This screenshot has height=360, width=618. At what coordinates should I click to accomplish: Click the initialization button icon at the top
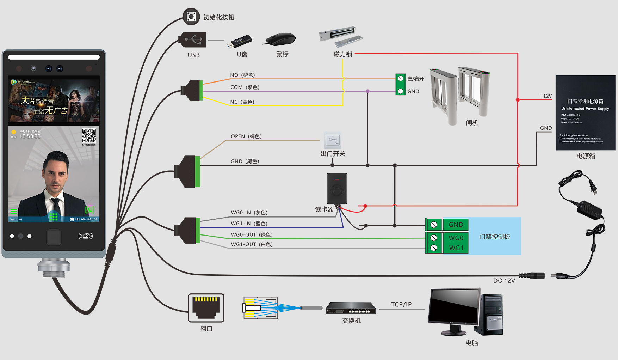(x=191, y=17)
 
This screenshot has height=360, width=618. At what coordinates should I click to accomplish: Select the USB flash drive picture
(x=240, y=42)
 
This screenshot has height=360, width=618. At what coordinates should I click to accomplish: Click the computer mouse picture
(x=281, y=39)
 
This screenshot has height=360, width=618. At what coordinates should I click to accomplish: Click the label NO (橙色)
(x=242, y=75)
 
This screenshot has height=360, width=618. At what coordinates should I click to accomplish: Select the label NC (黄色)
(x=242, y=102)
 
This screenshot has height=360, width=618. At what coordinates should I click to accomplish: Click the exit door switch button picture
(x=333, y=140)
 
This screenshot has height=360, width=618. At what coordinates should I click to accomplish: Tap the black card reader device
(x=337, y=189)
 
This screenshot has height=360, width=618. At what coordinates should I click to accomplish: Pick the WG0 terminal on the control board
(x=456, y=238)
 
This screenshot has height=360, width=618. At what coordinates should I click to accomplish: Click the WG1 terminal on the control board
(x=456, y=248)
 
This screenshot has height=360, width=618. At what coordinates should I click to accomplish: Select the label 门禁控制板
(x=495, y=237)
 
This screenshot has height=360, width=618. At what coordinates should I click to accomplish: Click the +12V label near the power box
(x=546, y=96)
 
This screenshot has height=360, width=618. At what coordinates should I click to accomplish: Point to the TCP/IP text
(x=401, y=304)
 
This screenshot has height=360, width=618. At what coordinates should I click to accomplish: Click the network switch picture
(x=351, y=308)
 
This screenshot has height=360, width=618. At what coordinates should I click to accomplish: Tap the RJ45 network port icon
(x=206, y=307)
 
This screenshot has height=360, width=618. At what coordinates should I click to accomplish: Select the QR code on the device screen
(x=89, y=136)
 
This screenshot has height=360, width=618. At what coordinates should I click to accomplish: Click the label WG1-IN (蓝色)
(x=249, y=224)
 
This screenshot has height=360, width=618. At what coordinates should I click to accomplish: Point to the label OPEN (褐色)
(x=246, y=136)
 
